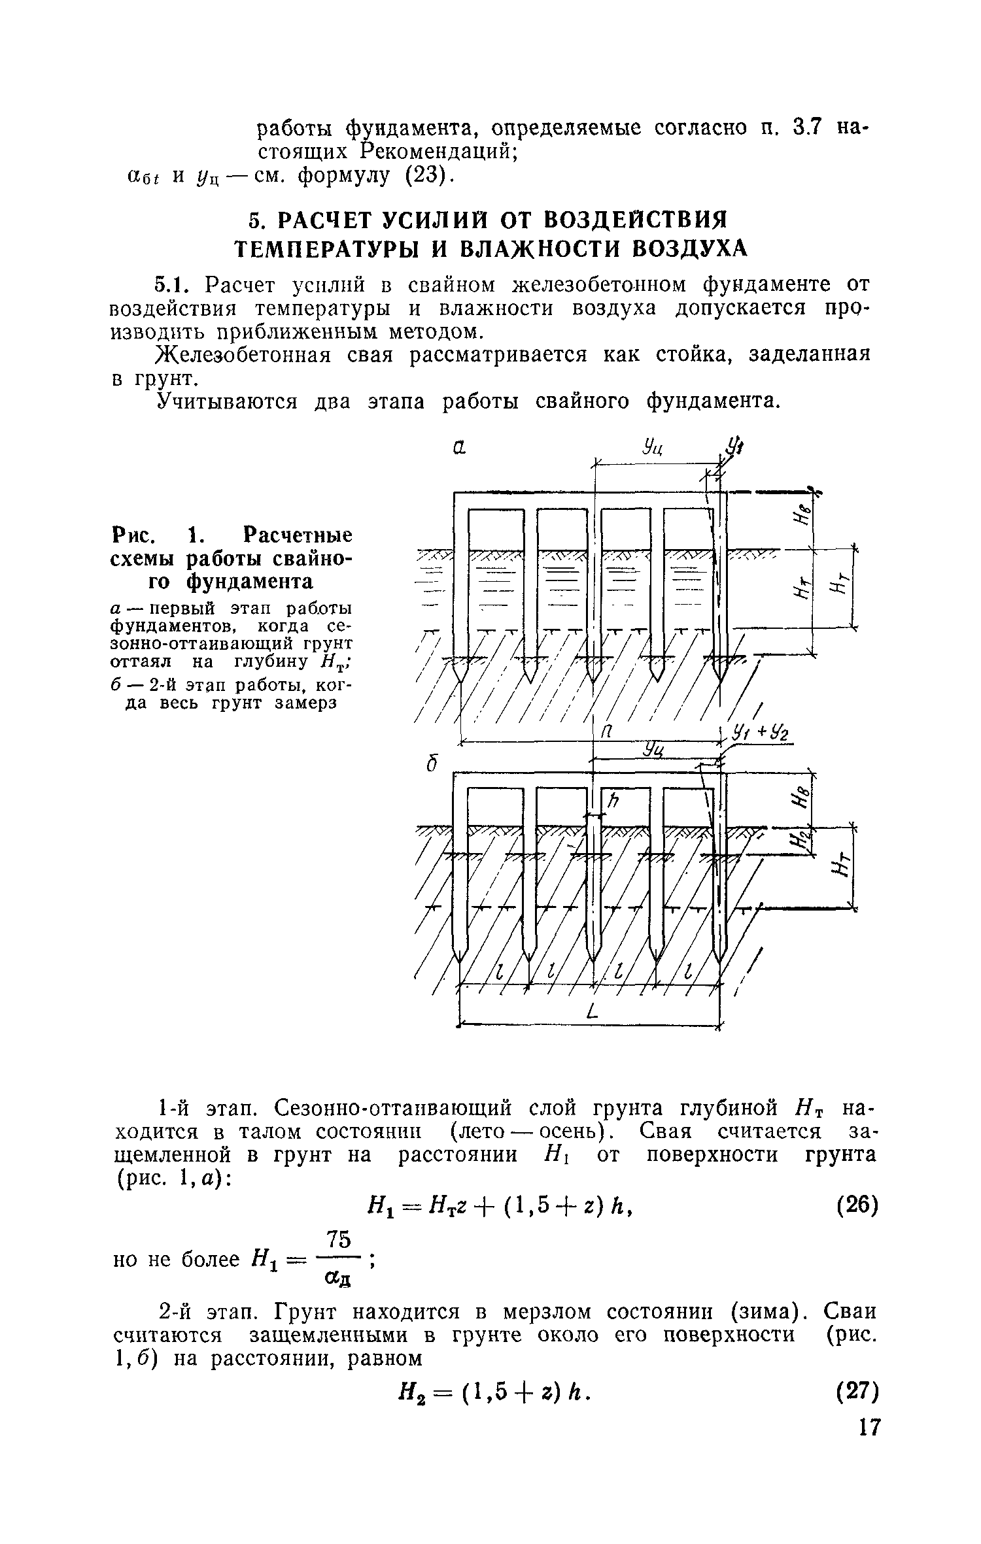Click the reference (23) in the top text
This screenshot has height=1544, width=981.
coord(426,176)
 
